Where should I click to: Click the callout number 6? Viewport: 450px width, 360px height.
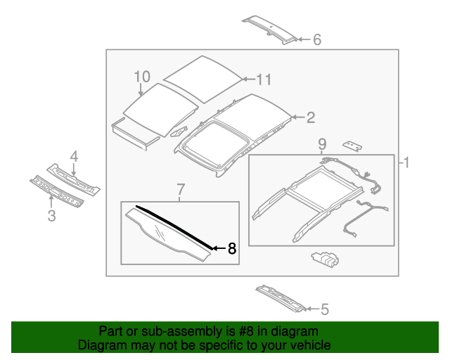316,40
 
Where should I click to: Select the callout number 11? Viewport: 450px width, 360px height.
263,80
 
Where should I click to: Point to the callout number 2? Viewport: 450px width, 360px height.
309,118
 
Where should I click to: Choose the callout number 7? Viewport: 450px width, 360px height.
180,188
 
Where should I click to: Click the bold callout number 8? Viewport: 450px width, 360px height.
232,248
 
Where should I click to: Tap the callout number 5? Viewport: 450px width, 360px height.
325,308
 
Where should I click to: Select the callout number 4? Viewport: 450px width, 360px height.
73,156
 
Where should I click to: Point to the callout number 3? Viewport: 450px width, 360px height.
51,216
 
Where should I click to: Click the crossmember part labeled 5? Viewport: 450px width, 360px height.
281,297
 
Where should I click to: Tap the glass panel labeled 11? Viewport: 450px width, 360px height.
200,76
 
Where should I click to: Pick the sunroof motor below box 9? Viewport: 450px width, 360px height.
324,260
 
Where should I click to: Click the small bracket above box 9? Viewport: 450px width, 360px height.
352,146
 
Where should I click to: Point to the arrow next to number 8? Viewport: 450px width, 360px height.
217,248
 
